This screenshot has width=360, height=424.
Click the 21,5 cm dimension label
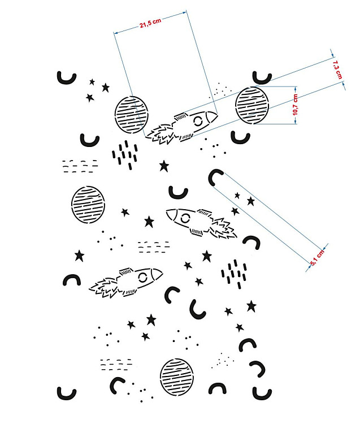(x=150, y=23)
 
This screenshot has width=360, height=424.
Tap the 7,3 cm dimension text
(x=337, y=70)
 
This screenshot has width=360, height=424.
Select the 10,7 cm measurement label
(x=295, y=105)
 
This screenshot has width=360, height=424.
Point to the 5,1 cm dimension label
(x=317, y=258)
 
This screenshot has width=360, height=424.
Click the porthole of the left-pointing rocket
(x=185, y=218)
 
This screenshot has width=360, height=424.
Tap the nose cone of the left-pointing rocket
(x=171, y=214)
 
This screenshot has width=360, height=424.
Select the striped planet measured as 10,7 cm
(x=252, y=105)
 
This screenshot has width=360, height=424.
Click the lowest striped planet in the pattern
(x=177, y=377)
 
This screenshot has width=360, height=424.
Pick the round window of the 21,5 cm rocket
(x=198, y=121)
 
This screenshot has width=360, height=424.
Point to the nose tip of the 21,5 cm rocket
(x=217, y=116)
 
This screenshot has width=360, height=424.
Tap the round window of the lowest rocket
(x=142, y=277)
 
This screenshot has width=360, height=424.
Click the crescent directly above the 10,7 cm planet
(x=262, y=78)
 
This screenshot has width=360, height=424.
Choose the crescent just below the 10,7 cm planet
(x=240, y=137)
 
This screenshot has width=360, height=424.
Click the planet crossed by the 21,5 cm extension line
(x=132, y=115)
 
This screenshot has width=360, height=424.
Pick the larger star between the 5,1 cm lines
(x=251, y=201)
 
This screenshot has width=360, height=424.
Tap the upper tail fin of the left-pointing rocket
(x=204, y=212)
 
